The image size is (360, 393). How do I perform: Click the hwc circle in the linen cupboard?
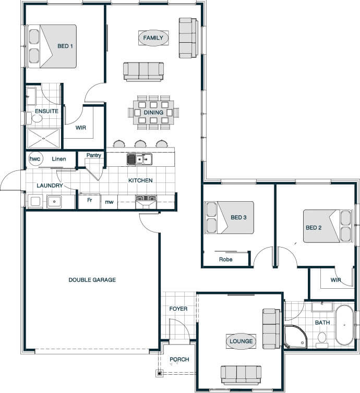(35, 158)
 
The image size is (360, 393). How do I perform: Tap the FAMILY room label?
(153, 38)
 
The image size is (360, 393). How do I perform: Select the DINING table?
(153, 112)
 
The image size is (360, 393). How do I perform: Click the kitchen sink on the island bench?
(139, 159)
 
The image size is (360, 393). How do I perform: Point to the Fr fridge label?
(90, 200)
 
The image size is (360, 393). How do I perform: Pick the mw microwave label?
(109, 202)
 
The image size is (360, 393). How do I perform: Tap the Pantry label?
(94, 155)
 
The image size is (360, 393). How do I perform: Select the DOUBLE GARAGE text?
(92, 280)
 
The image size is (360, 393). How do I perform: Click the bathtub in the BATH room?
(344, 325)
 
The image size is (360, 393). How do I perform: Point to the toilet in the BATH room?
(321, 340)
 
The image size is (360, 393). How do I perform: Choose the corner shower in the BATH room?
(295, 336)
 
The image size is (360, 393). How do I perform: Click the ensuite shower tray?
(43, 138)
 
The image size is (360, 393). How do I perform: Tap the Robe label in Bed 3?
(226, 260)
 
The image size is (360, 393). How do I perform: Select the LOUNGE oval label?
(241, 341)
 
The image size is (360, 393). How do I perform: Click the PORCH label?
(179, 360)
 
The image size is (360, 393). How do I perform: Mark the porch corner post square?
(159, 373)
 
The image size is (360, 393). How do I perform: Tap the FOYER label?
(178, 309)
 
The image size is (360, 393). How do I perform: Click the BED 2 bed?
(327, 226)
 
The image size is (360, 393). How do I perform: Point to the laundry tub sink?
(54, 202)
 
